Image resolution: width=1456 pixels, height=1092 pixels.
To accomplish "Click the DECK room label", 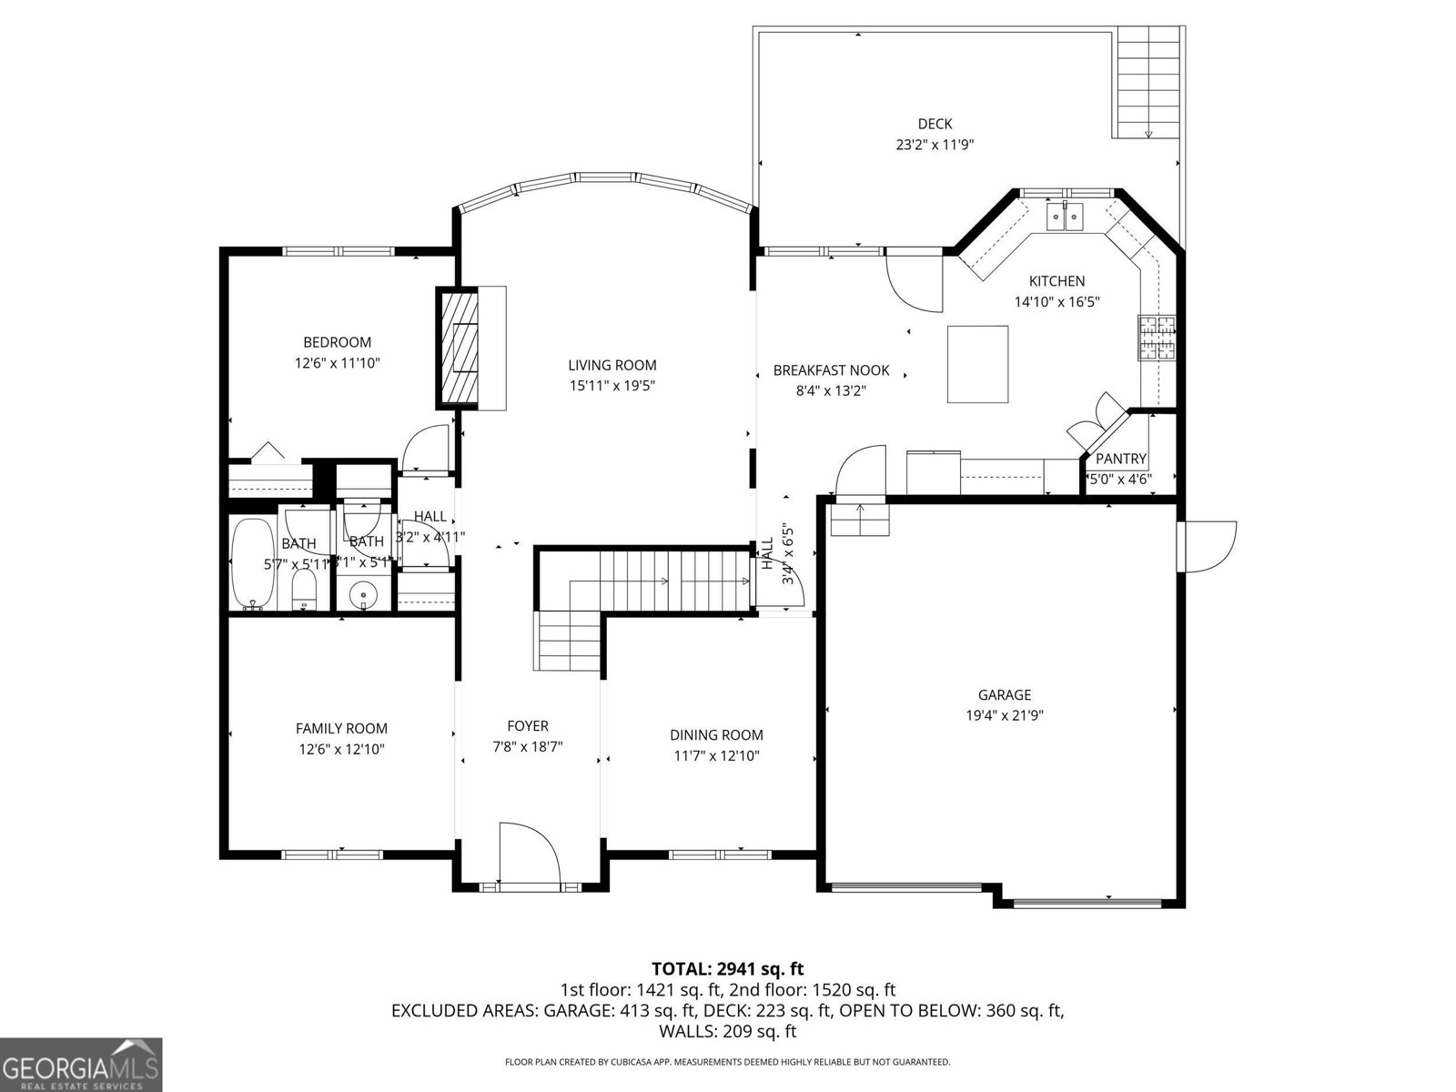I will tap(935, 124).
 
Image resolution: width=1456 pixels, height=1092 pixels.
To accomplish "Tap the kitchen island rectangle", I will tap(978, 364).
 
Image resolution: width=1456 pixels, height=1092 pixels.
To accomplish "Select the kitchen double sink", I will tap(1065, 217).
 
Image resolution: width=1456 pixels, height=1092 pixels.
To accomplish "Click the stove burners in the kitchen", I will tap(1156, 339).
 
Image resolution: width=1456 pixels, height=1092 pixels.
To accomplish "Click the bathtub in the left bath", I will tap(248, 561).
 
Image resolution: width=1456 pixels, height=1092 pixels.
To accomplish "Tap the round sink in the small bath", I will tap(365, 597).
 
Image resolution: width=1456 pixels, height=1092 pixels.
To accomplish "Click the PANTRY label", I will tap(1120, 459).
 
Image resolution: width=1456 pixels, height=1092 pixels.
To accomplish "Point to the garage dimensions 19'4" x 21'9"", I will tap(1005, 715).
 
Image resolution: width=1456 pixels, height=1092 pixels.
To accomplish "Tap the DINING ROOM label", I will tap(716, 735).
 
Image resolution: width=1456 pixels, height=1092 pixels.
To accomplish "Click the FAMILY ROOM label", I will tap(341, 728).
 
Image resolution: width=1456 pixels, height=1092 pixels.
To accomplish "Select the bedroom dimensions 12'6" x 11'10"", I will tap(337, 363).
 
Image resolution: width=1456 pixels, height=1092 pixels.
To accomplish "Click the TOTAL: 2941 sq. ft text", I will tap(727, 968).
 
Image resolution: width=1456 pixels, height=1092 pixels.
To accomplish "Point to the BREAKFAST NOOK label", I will tap(831, 370).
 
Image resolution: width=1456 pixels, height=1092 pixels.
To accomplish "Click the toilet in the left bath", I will tap(303, 591).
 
